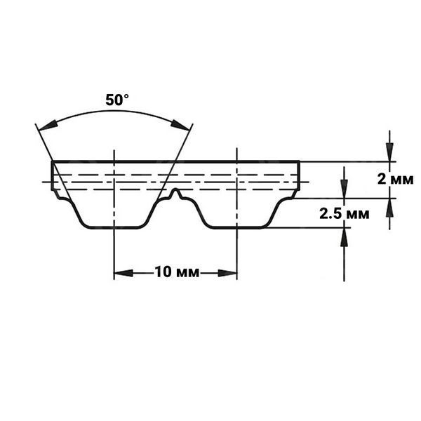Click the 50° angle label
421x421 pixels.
[117, 100]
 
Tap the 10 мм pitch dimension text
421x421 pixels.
[178, 272]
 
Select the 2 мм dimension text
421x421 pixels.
[396, 179]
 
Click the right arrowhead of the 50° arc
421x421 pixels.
[180, 125]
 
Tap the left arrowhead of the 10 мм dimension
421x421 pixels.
[123, 274]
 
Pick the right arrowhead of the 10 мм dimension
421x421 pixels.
[227, 274]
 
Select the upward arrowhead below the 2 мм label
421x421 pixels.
[389, 208]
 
